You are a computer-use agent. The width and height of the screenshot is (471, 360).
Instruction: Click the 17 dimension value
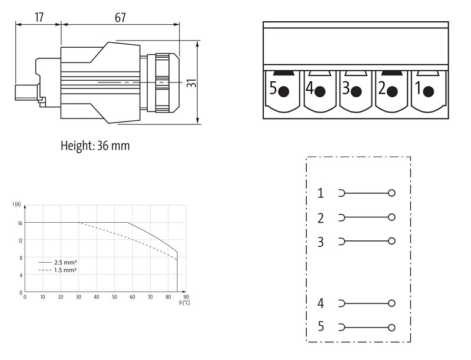(x=39, y=16)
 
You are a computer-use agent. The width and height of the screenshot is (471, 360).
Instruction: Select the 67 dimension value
(x=120, y=16)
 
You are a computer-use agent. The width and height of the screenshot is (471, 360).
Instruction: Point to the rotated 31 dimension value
(x=191, y=83)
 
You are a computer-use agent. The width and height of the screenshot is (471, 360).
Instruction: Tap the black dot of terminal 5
(x=284, y=92)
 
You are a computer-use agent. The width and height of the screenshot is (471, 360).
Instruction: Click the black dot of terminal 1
(x=429, y=91)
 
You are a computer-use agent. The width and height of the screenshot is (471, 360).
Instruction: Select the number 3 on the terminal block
(x=346, y=90)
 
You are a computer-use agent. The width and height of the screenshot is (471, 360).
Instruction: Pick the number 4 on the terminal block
(x=310, y=90)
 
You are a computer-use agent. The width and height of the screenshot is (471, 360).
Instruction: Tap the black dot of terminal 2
(x=392, y=92)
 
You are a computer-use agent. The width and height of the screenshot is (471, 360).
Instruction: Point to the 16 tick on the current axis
(x=19, y=223)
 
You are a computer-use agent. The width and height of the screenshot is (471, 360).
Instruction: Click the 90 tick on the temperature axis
(x=186, y=298)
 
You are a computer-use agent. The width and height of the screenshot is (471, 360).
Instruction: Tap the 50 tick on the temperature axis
(x=114, y=298)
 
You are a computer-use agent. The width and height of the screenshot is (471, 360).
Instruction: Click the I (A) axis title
(x=16, y=204)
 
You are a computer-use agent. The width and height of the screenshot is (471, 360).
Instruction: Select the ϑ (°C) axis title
(x=185, y=303)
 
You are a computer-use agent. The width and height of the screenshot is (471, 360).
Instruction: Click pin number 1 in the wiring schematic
(x=320, y=193)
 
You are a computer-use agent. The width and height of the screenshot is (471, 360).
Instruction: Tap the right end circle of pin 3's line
(x=392, y=241)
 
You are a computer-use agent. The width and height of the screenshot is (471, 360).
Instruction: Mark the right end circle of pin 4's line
(x=392, y=303)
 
